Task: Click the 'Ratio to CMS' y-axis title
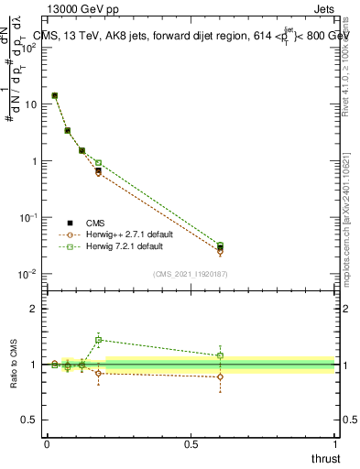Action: (16, 364)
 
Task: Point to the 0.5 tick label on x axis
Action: (191, 444)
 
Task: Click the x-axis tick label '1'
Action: (334, 444)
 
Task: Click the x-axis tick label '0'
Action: (47, 444)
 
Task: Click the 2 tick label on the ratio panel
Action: (35, 309)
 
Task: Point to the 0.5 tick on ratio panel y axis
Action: (30, 420)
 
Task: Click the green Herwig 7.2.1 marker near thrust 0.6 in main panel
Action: (220, 245)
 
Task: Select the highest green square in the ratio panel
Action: (98, 340)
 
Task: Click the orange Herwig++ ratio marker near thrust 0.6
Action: (220, 376)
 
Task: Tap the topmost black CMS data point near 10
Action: (55, 95)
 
